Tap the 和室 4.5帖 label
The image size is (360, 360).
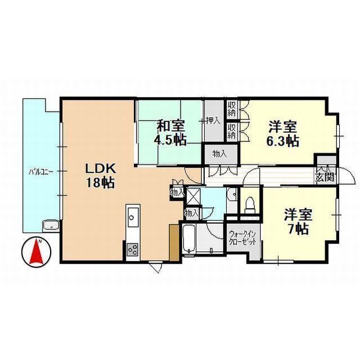pyautogui.click(x=168, y=133)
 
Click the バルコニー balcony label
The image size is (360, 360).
pyautogui.click(x=41, y=172)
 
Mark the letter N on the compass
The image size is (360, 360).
pyautogui.click(x=40, y=241)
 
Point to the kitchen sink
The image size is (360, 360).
pyautogui.click(x=132, y=215)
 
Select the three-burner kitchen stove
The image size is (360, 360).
pyautogui.click(x=132, y=247)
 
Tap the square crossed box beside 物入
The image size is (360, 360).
pyautogui.click(x=193, y=197)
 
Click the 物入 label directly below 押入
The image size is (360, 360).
pyautogui.click(x=219, y=153)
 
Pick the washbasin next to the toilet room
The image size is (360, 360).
pyautogui.click(x=231, y=195)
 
